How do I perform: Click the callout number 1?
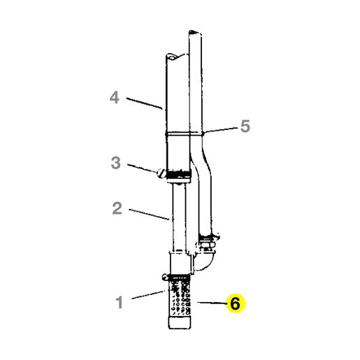pyautogui.click(x=120, y=302)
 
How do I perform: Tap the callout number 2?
pyautogui.click(x=117, y=208)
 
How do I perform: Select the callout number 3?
pyautogui.click(x=116, y=163)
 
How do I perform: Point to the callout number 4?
pyautogui.click(x=115, y=97)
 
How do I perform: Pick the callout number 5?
pyautogui.click(x=245, y=126)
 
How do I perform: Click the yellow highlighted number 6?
pyautogui.click(x=235, y=303)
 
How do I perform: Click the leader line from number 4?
pyautogui.click(x=144, y=103)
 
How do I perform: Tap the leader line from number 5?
pyautogui.click(x=220, y=130)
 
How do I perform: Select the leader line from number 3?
pyautogui.click(x=142, y=168)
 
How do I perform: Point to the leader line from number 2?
pyautogui.click(x=149, y=215)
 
